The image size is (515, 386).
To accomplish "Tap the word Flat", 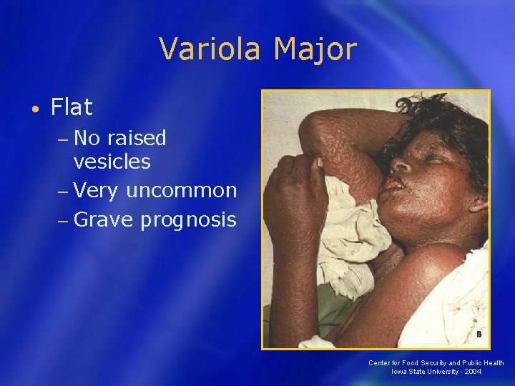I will [72, 108].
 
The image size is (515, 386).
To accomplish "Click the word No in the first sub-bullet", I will [89, 137].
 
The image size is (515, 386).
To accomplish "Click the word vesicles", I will [112, 162].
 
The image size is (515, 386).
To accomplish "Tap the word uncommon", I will [181, 190].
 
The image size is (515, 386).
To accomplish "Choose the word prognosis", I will [187, 219].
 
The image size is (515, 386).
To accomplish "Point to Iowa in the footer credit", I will [399, 372].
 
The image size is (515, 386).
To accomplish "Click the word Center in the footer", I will [380, 363].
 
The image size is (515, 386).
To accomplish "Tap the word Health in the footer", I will [491, 363].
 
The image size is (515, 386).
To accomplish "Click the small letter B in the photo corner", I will [478, 334].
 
